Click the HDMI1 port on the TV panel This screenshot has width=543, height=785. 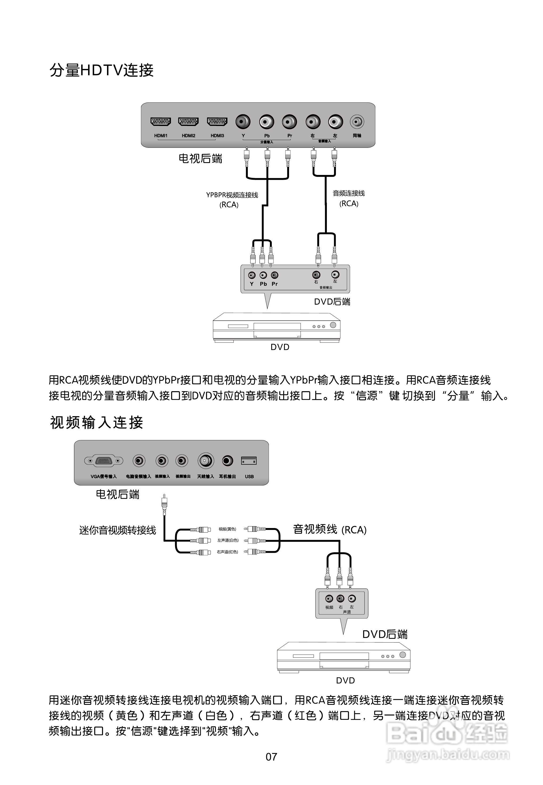click(x=161, y=121)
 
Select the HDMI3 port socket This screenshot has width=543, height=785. click(x=217, y=121)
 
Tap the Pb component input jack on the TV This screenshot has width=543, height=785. click(x=266, y=121)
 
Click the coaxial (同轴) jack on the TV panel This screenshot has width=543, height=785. click(x=357, y=121)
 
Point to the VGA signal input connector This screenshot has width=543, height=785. click(x=104, y=461)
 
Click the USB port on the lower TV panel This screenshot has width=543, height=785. click(x=249, y=461)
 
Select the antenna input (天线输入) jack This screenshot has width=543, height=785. click(x=205, y=461)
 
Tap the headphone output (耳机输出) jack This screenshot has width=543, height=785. click(x=227, y=461)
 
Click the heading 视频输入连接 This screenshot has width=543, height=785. click(x=97, y=423)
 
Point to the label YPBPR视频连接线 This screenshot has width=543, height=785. click(x=232, y=195)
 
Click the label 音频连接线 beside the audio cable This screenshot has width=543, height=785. click(x=348, y=193)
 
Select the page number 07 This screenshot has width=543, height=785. click(x=271, y=757)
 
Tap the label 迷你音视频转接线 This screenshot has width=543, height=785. click(x=117, y=530)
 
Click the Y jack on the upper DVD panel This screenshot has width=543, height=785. click(x=252, y=275)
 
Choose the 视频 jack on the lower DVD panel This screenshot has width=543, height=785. click(x=329, y=599)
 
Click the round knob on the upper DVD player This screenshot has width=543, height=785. click(x=333, y=325)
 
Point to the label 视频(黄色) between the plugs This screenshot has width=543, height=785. click(x=227, y=529)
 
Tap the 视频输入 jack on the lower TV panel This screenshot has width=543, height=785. click(x=162, y=461)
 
